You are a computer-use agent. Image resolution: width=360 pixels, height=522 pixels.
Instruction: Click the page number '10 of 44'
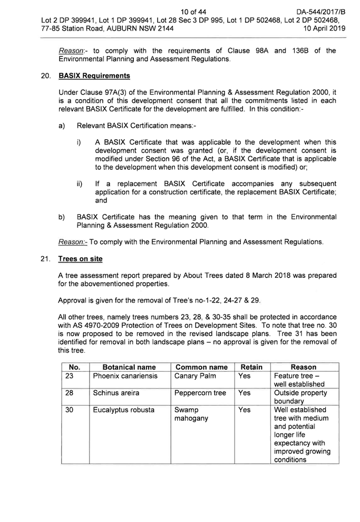click(193, 12)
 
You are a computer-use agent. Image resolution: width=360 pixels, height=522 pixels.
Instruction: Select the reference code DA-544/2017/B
click(321, 12)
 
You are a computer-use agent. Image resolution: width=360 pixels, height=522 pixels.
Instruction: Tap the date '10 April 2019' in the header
click(324, 28)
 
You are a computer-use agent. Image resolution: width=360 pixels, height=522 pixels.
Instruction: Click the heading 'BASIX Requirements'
click(94, 76)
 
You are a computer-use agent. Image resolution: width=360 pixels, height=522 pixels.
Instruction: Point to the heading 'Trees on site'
click(80, 259)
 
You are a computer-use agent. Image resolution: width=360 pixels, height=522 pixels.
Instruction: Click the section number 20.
click(45, 76)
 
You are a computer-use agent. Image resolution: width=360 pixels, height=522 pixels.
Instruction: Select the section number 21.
click(45, 259)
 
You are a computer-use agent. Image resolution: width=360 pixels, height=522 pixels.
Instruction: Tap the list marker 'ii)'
click(80, 184)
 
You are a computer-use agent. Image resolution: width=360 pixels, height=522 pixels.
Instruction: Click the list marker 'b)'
click(62, 217)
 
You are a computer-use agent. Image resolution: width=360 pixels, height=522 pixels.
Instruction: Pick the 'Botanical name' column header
click(129, 367)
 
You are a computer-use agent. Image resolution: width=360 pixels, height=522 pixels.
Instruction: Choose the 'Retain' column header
click(251, 367)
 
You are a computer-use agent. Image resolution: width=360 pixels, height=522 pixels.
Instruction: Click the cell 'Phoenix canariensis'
click(125, 376)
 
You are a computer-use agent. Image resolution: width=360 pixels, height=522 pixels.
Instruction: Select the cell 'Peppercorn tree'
click(200, 393)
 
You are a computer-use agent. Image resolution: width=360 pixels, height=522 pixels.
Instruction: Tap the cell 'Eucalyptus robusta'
click(124, 410)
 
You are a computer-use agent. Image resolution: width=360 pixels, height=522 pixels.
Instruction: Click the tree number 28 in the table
click(69, 393)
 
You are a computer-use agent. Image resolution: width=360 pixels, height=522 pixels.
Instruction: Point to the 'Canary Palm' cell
click(195, 376)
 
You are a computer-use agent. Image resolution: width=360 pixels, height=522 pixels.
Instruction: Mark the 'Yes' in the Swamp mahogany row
click(244, 410)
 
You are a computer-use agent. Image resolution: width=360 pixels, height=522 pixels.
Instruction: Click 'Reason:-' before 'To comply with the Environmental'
click(73, 242)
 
